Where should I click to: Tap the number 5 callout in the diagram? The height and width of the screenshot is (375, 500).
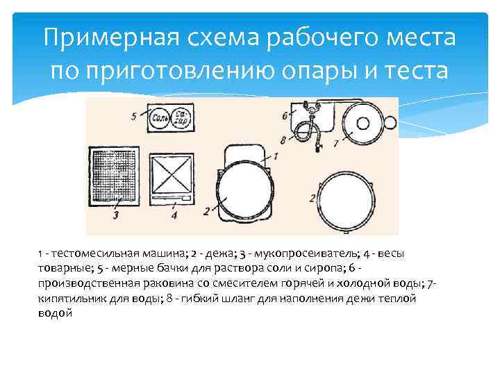pyautogui.click(x=133, y=116)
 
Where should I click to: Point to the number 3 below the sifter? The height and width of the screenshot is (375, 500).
pyautogui.click(x=116, y=216)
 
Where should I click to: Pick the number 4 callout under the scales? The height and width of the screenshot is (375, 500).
pyautogui.click(x=174, y=215)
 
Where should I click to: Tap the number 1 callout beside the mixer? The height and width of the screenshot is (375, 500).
pyautogui.click(x=275, y=156)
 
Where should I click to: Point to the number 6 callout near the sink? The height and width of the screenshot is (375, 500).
pyautogui.click(x=285, y=115)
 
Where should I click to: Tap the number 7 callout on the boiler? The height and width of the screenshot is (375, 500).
pyautogui.click(x=335, y=143)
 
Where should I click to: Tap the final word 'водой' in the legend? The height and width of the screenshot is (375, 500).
pyautogui.click(x=56, y=313)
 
